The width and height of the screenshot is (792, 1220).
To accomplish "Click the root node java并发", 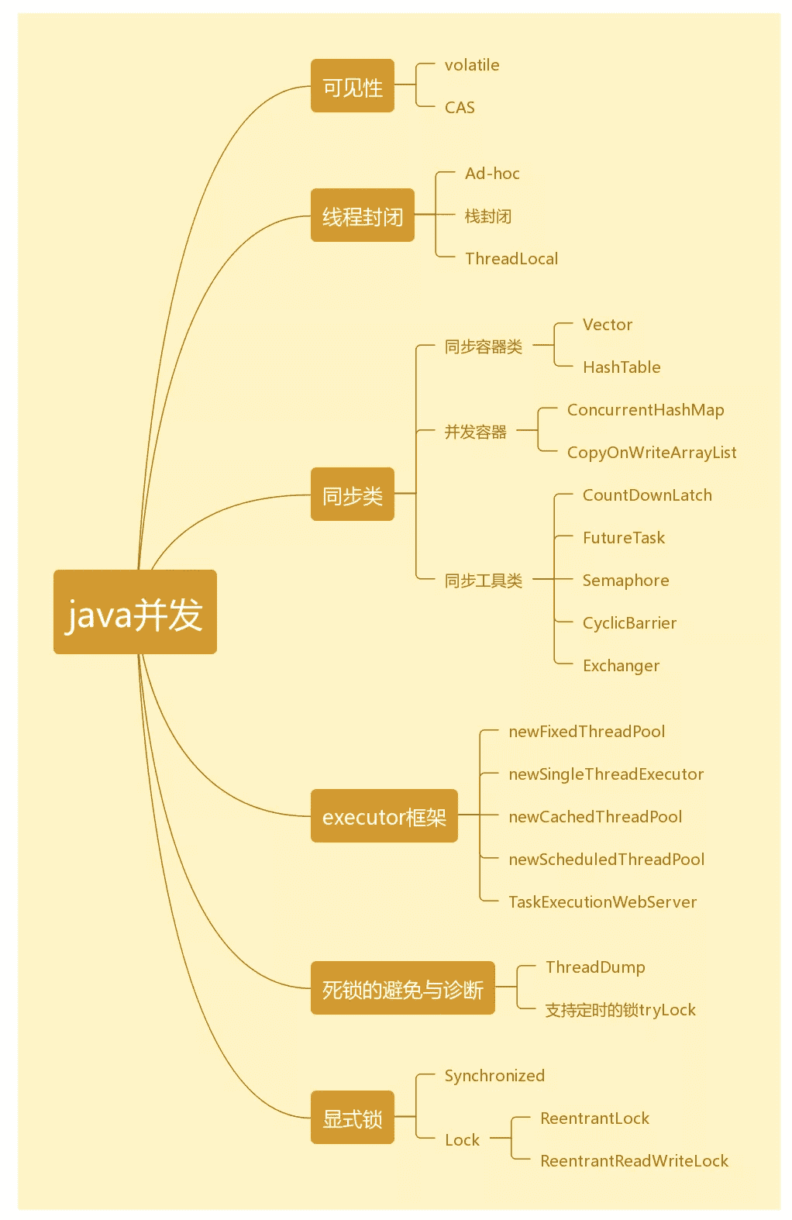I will pos(135,612).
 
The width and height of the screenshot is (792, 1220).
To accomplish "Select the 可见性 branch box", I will pos(353,86).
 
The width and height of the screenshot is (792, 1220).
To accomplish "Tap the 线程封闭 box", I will pos(363,215).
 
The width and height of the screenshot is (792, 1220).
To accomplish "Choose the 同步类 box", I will pos(353,495).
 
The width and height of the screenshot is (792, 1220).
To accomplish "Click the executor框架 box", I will pos(384,816).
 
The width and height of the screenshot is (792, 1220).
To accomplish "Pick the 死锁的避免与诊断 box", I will pos(403,988).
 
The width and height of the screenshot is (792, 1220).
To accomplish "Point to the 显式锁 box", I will pos(353,1118).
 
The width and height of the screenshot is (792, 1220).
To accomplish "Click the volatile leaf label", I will pos(472,65).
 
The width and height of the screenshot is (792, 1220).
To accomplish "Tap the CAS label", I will pos(460,108).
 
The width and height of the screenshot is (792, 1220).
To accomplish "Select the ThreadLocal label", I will pos(511,259).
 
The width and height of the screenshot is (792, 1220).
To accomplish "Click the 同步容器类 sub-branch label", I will pos(484,346).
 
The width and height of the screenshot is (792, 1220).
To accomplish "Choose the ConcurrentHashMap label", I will pos(646,410).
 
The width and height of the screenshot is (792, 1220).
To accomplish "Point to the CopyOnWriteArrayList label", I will pos(652,453).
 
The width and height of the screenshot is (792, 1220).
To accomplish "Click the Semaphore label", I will pos(625,581).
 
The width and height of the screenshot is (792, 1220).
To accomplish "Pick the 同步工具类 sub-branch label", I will pos(484,581).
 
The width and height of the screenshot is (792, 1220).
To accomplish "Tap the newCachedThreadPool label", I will pos(595,817).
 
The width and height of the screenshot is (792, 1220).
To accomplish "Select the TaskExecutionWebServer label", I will pos(602,902).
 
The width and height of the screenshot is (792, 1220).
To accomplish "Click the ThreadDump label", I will pos(595,967).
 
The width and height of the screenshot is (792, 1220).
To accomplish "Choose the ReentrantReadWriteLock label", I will pos(634,1161).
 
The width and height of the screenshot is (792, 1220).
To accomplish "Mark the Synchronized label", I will pos(494,1076).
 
